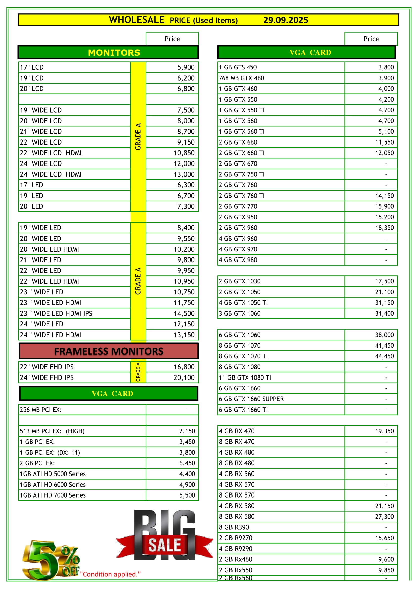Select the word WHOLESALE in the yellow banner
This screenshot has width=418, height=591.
pos(136,20)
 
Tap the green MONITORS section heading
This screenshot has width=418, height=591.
pos(114,53)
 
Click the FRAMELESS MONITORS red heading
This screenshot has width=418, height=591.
pos(109,351)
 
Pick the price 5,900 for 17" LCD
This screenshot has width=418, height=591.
pos(185,67)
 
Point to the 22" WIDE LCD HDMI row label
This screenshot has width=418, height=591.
pos(51,153)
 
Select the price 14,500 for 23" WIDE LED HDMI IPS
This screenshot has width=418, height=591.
pos(184,313)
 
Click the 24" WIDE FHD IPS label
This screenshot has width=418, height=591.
pos(47,377)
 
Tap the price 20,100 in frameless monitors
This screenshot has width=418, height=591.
pos(184,377)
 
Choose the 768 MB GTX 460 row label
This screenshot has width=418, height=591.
pos(241,78)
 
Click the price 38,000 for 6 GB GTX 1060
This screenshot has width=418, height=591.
pos(384,335)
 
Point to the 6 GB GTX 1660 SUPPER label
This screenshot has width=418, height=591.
pos(251,399)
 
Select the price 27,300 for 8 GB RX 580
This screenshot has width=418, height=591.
pos(384,517)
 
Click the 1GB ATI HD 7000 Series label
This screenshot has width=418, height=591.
pos(53,495)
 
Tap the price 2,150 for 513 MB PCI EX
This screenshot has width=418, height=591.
pos(187,431)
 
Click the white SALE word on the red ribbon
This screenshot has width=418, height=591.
pos(165,545)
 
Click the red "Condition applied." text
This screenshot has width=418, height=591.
pos(110,574)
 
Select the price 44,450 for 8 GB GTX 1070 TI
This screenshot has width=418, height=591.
pos(384,356)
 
